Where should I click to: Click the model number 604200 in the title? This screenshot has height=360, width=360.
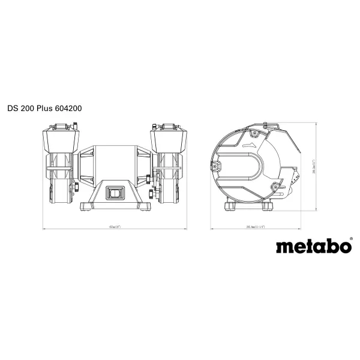68,109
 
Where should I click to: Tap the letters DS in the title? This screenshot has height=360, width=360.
13,109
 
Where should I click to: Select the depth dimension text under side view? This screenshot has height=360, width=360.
256,227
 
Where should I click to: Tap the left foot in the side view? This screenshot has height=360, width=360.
231,207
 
